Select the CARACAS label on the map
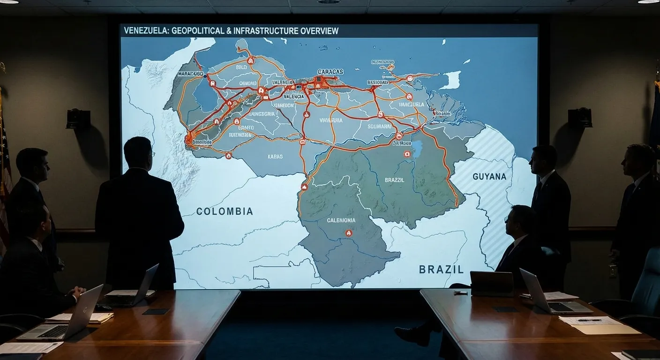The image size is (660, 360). point(330,72)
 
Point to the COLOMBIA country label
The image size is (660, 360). point(225,211)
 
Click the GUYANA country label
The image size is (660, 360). point(489,177)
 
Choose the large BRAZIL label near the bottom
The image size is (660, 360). point(441,270)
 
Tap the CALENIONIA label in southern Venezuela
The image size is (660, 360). point(341,220)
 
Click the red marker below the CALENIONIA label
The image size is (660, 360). point(348,232)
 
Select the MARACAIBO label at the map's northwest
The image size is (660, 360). point(191,74)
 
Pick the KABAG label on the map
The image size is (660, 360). point(275,157)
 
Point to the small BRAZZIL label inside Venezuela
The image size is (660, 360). point(394,180)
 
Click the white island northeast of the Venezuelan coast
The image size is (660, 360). point(451,80)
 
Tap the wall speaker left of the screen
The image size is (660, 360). point(78,118)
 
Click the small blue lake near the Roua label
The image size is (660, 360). point(416,149)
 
